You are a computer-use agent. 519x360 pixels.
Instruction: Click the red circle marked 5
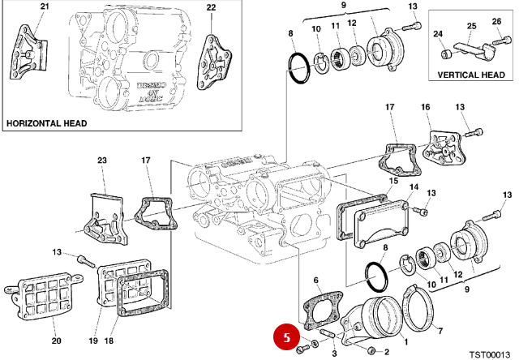(286, 335)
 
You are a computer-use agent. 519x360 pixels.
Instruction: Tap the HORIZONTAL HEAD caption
(46, 124)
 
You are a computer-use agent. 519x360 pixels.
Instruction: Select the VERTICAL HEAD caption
(470, 74)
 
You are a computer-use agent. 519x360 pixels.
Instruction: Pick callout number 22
(211, 7)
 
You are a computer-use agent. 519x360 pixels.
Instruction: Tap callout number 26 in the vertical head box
(496, 21)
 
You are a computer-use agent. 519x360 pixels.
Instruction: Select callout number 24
(438, 34)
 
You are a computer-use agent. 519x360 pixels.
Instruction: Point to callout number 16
(425, 108)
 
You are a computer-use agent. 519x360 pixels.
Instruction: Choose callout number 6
(317, 281)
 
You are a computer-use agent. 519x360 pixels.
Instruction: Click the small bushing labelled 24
(445, 55)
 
